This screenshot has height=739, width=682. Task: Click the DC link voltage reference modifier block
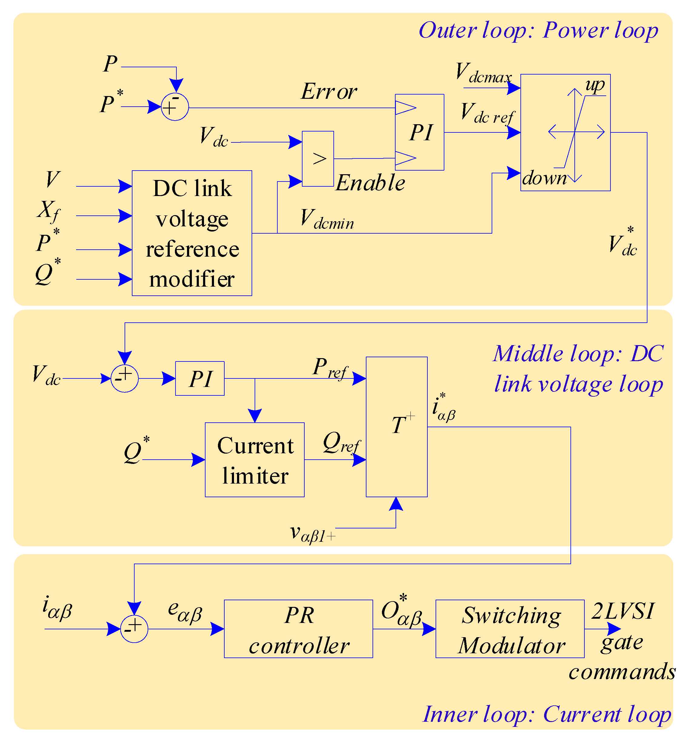click(192, 233)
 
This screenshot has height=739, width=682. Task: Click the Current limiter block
click(255, 460)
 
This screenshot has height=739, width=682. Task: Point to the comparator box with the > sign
click(318, 159)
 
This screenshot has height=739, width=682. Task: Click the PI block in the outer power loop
click(419, 132)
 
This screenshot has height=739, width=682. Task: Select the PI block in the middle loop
click(200, 378)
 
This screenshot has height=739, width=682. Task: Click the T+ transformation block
click(397, 427)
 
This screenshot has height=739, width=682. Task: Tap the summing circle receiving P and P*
click(175, 107)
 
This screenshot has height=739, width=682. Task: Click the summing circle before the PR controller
click(134, 629)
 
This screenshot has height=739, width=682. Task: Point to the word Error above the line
click(329, 91)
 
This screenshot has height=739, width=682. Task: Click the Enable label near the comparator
click(370, 183)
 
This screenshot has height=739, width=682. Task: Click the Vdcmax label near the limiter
click(483, 73)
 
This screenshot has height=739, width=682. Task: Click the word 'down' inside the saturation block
click(544, 178)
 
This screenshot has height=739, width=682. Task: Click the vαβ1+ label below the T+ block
click(313, 534)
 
